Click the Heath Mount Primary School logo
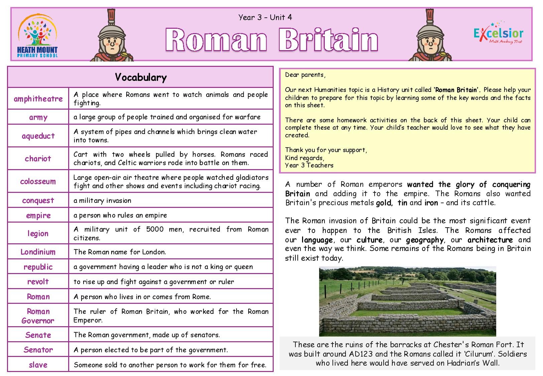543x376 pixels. point(37,35)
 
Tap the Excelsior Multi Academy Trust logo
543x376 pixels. point(498,35)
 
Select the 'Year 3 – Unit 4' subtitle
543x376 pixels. point(265,17)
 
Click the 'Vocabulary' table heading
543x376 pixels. point(141,77)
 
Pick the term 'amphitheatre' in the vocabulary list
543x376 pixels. point(38,99)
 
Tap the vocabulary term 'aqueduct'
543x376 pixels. point(38,136)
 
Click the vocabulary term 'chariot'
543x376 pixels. point(38,158)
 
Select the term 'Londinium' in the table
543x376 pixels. point(38,252)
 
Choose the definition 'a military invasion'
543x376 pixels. point(102,201)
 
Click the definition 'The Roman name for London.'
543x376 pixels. point(120,252)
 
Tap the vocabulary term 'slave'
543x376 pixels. point(38,365)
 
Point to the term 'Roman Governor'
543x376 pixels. point(38,316)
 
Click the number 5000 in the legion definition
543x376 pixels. point(155,229)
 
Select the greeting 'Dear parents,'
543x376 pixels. point(305,75)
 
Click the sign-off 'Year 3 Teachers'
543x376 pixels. point(309,165)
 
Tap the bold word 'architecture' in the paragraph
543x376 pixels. point(490,240)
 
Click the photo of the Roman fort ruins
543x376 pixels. point(407,301)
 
